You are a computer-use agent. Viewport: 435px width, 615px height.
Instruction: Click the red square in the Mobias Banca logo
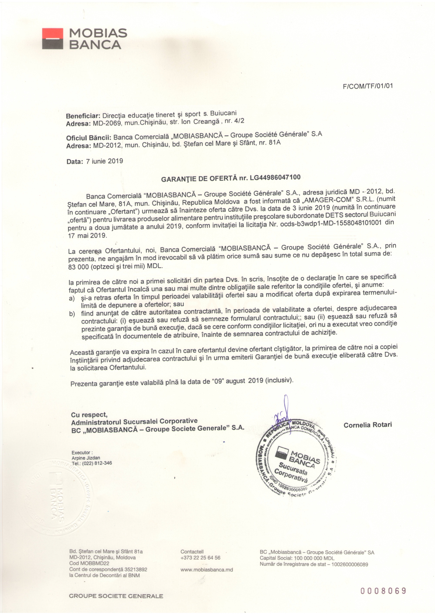click(x=53, y=34)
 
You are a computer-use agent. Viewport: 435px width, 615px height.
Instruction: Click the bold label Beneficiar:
click(x=83, y=116)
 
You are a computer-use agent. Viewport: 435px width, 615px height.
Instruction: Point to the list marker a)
click(x=72, y=299)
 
